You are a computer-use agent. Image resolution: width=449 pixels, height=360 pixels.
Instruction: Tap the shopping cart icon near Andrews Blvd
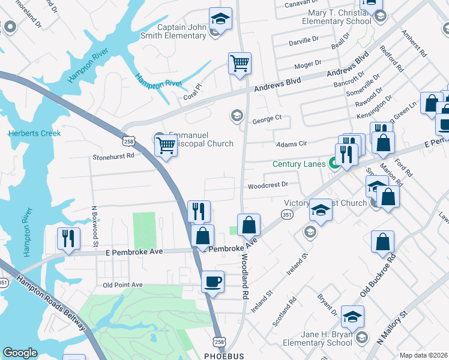240,63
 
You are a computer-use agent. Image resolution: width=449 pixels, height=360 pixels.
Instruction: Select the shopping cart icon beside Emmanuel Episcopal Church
166,145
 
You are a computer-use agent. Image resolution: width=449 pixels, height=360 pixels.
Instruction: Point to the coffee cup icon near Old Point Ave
212,281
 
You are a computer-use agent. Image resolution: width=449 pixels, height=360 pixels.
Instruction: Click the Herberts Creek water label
34,133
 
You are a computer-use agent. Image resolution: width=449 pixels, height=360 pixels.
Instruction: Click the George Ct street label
267,119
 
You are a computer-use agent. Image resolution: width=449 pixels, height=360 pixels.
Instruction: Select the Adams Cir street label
291,144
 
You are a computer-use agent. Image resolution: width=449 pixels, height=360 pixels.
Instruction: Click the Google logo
20,353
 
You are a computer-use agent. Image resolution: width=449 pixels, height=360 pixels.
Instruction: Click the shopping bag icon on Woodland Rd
249,225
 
